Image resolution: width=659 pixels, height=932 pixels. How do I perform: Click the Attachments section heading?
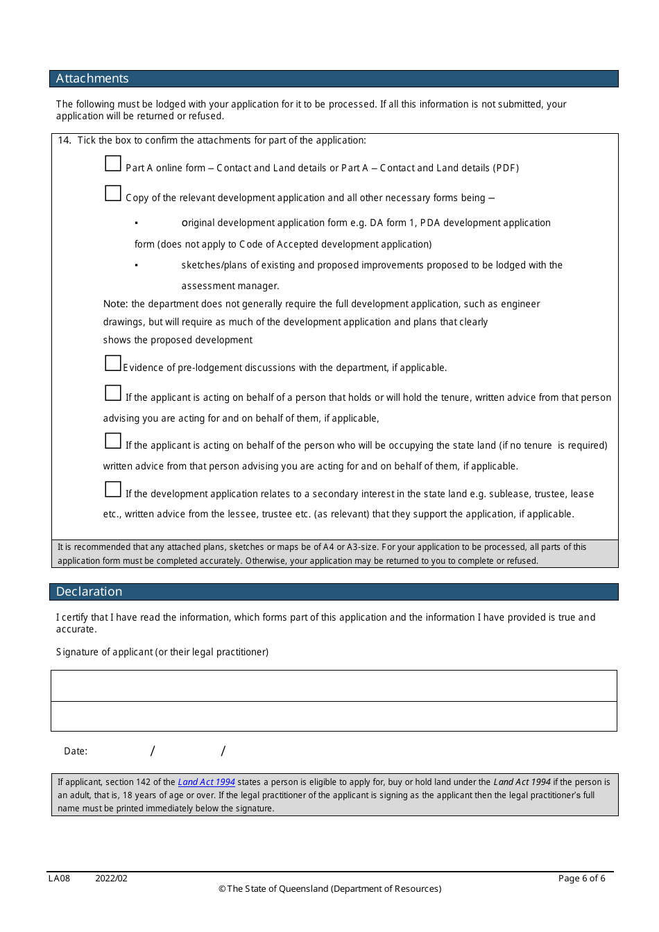point(92,78)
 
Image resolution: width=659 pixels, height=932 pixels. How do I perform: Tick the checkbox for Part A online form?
point(113,164)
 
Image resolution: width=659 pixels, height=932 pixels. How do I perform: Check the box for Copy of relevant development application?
point(113,193)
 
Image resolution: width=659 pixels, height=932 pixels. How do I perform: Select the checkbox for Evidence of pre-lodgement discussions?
point(113,363)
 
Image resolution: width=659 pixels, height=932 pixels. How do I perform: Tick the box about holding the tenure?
point(113,393)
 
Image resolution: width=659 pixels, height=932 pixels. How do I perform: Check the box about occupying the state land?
point(113,441)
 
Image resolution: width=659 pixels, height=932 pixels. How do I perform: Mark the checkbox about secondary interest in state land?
point(113,490)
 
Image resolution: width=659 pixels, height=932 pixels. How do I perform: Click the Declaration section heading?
point(89,592)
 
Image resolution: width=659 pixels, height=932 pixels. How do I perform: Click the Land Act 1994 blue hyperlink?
point(206,782)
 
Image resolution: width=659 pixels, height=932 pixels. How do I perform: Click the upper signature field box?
point(334,686)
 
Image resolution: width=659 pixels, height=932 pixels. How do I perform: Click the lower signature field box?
point(334,716)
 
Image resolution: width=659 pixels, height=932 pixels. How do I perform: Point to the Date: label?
point(76,751)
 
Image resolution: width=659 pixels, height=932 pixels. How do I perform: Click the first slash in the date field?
point(153,751)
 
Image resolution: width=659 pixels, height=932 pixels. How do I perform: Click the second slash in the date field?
point(223,751)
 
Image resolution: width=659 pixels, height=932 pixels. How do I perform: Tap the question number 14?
point(65,140)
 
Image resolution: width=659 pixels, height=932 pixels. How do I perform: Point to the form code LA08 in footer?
point(59,879)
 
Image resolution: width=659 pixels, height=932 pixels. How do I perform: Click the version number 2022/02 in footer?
point(111,879)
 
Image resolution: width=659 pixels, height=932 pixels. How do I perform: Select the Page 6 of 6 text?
point(581,879)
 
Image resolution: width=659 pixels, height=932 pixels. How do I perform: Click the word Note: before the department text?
point(115,304)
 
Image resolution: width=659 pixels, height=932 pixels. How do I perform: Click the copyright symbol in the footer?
point(222,889)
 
